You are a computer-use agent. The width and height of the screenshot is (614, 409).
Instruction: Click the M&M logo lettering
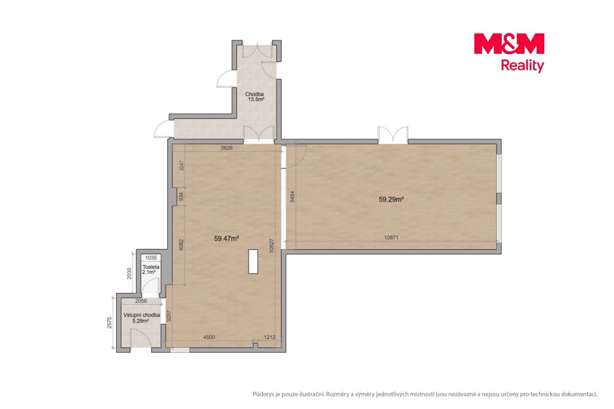click(509, 43)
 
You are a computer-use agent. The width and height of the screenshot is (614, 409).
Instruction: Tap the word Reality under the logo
click(522, 66)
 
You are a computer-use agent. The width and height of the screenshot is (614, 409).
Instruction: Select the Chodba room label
click(254, 94)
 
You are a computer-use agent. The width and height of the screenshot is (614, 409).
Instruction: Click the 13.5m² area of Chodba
click(256, 99)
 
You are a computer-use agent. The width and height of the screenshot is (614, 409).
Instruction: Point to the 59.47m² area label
click(226, 239)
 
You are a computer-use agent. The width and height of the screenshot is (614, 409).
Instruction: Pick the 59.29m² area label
click(391, 200)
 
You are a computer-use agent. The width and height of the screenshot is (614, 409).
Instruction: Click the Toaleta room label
click(151, 267)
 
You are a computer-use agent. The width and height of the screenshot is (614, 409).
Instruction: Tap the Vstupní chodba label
click(141, 315)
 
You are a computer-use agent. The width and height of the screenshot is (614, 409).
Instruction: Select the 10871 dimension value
click(391, 238)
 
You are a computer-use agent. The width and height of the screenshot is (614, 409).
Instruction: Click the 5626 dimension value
click(227, 148)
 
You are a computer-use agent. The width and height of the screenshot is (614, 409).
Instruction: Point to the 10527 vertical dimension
click(271, 246)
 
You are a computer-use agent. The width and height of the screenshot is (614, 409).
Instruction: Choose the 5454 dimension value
click(293, 197)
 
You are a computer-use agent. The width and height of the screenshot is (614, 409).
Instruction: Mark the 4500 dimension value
click(209, 337)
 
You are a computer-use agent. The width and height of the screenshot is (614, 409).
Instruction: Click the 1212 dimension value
click(269, 337)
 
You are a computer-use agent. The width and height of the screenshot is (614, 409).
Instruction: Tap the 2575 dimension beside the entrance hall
click(109, 323)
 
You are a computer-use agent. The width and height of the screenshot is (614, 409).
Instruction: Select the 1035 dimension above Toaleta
click(151, 258)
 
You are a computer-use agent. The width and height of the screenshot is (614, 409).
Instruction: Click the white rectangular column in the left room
click(253, 261)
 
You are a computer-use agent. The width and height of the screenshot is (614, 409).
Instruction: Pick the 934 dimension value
click(181, 196)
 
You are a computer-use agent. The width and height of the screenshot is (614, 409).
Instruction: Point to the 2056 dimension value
click(141, 301)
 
